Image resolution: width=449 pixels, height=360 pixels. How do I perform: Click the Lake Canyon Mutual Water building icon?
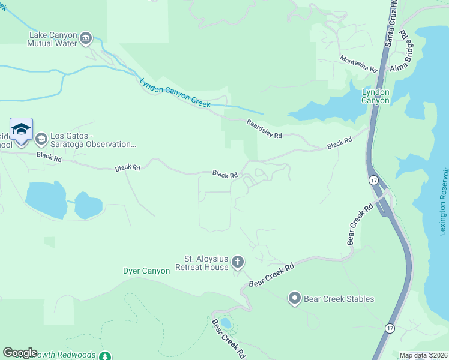pos(86,39)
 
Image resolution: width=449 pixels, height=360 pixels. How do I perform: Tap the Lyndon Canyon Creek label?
pos(175,94)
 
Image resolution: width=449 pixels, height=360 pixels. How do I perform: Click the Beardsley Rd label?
pos(264,128)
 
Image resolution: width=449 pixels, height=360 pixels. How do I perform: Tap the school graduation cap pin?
pos(21,130)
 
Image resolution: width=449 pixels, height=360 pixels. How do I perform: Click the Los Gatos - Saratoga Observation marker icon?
pos(41,139)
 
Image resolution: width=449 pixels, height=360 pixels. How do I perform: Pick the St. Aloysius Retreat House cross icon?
pos(238,262)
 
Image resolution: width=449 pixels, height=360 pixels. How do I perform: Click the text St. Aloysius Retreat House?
pos(202,263)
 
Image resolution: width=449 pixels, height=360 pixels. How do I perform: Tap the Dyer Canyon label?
pos(146,271)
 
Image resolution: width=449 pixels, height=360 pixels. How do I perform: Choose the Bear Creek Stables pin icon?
pos(294,298)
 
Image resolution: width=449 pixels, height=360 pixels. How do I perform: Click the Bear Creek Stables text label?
pos(339,299)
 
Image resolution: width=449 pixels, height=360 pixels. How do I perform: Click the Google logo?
pos(20,353)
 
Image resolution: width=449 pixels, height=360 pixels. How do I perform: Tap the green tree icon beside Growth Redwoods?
pos(106,355)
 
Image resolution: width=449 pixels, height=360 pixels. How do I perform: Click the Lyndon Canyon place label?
pos(375,96)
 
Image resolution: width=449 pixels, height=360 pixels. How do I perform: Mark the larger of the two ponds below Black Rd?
pos(47,200)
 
